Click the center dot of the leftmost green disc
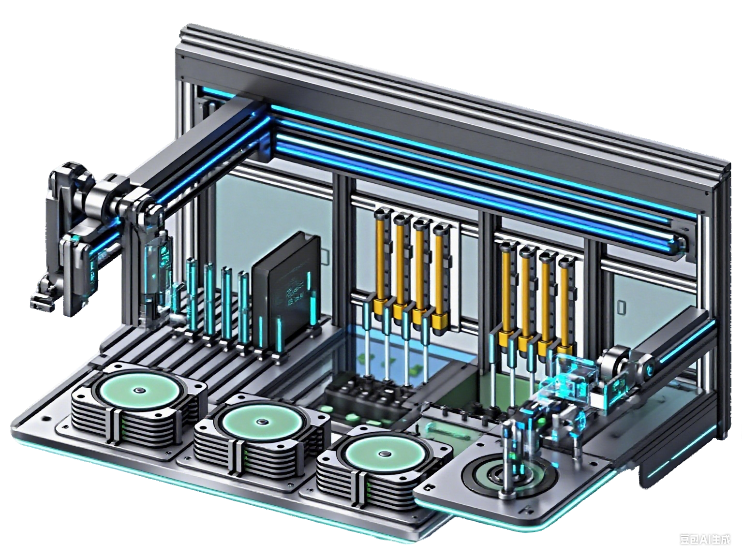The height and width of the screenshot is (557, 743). click(139, 391)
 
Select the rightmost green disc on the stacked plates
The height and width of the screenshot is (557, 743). click(385, 454)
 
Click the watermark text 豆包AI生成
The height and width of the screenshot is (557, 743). click(705, 539)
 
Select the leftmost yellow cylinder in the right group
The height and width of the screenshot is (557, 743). click(506, 290)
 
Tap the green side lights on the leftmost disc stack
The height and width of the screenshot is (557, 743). click(127, 425)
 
